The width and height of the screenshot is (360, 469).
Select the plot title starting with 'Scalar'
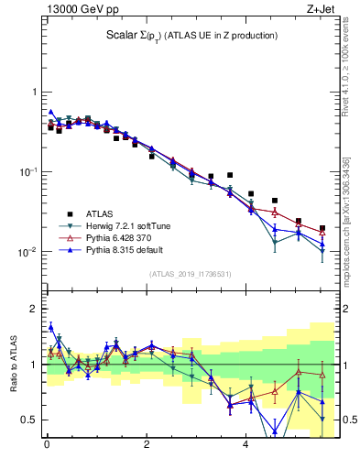191,36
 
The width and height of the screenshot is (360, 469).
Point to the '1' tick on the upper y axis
34,93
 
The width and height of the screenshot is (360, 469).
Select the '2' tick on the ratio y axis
34,309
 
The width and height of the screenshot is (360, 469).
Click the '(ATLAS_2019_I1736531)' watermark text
191,274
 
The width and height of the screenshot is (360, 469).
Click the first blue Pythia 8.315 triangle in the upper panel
51,112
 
